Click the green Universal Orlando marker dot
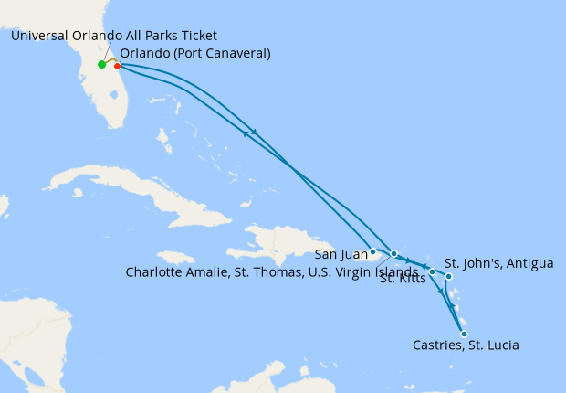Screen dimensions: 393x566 pos(101,65)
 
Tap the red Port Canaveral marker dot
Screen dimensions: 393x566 pos(117,66)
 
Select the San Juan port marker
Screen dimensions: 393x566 pos(372,250)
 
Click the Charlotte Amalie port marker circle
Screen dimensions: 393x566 pos(393,253)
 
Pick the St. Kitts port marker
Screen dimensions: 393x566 pos(432,271)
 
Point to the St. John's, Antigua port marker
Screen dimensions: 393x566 pos(448,276)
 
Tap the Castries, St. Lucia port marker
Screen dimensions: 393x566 pos(464,334)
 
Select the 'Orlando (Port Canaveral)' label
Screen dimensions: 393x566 pos(195,53)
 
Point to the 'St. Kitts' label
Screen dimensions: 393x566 pos(401,280)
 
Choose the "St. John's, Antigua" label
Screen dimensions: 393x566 pos(498,264)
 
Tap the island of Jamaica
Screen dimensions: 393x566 pos(178,259)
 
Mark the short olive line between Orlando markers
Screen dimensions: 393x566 pos(110,62)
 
